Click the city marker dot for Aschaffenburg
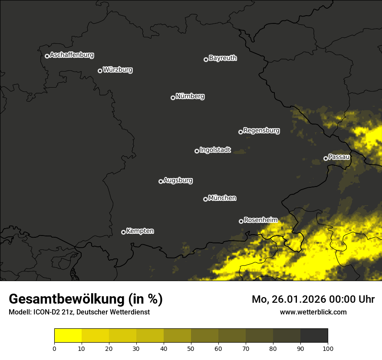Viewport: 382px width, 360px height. point(47,56)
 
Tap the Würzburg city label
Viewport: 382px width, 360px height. point(118,69)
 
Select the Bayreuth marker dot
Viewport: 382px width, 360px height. point(206,59)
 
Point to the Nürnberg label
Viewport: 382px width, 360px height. point(190,96)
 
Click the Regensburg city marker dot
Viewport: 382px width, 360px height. point(240,132)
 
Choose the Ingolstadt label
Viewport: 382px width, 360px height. point(215,150)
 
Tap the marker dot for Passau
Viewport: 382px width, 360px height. point(326,158)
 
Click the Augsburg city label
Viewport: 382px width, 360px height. point(178,180)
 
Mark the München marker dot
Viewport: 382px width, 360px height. point(205,199)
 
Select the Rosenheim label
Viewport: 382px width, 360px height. point(260,220)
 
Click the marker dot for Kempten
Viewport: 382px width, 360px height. point(123,232)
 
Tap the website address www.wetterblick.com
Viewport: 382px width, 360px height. point(313,312)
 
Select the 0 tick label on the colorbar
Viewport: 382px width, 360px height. point(54,348)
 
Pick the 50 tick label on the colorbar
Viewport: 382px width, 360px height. point(191,348)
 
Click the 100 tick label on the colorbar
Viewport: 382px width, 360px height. point(328,348)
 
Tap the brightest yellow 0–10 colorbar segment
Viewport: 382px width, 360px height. point(68,336)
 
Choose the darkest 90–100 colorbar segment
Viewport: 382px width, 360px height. point(314,336)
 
